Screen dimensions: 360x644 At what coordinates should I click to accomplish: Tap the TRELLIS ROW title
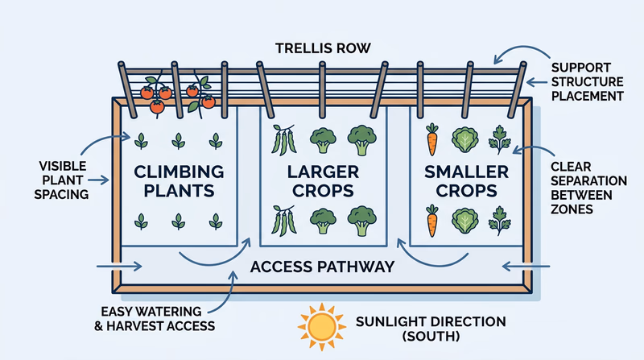coord(321,48)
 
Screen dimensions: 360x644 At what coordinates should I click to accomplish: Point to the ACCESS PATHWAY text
coord(322,267)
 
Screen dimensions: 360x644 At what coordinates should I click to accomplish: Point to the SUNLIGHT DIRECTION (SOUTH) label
coord(431,329)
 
